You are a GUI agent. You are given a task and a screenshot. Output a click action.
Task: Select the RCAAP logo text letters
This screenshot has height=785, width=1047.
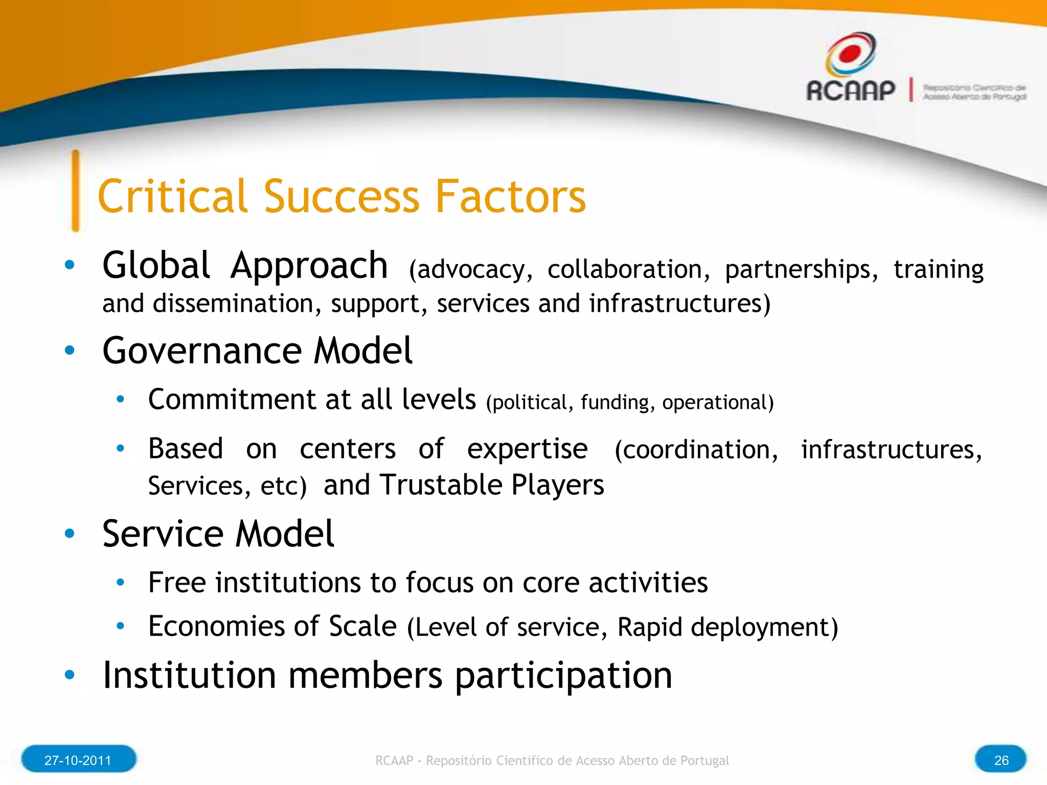pos(851,91)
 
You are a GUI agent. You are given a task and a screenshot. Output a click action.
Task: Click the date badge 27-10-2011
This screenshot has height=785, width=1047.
pos(78,760)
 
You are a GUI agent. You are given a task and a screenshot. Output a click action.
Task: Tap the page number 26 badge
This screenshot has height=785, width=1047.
pos(1000,760)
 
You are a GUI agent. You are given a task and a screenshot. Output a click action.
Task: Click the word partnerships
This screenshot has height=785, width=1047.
pos(801,270)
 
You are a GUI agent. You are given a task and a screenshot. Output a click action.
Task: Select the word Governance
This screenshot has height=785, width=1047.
pos(202,352)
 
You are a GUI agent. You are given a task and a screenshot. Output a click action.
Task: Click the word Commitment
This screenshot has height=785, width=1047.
pos(232,399)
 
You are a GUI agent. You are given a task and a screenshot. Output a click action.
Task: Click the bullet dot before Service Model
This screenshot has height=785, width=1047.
pos(70,534)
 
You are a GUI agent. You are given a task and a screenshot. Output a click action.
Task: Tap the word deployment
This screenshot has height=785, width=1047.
pos(764,628)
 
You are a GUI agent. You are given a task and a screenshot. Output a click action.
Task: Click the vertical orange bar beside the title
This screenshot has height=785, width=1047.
pos(76,191)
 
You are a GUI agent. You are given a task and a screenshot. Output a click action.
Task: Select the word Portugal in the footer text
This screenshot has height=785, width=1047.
pos(704,760)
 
